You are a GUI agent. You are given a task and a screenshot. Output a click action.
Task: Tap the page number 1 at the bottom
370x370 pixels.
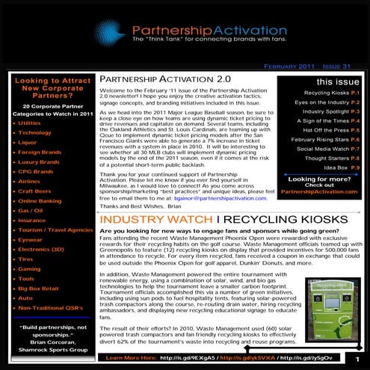[x=360, y=359]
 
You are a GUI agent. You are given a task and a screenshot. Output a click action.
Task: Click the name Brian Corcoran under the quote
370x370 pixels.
[x=49, y=356]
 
